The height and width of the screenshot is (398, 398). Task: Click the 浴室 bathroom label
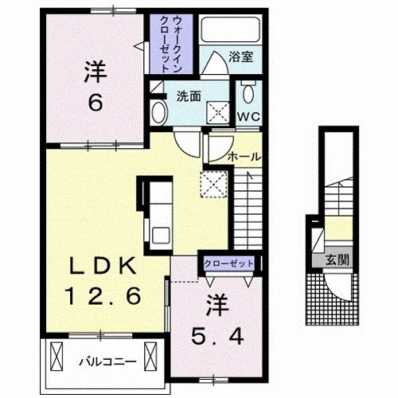[x=241, y=57]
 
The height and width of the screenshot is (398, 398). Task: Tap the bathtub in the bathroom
[x=230, y=29]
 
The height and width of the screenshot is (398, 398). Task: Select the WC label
[x=248, y=116]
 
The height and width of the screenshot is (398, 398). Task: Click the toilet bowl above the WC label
[x=248, y=92]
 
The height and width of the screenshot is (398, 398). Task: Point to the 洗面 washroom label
[x=189, y=96]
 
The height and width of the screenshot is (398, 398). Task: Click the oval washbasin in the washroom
[x=159, y=113]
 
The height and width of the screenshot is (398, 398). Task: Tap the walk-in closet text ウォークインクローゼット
[x=171, y=45]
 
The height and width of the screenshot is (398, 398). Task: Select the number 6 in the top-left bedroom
[x=96, y=103]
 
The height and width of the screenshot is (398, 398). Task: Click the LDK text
[x=103, y=266]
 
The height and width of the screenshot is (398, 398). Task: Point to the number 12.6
[x=104, y=296]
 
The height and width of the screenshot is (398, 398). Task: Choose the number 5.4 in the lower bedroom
[x=217, y=337]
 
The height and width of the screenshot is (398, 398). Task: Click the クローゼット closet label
[x=228, y=263]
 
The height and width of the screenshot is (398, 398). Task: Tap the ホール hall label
[x=244, y=157]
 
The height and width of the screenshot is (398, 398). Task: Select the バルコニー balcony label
[x=107, y=361]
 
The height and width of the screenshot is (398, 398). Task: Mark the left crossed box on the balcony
[x=57, y=357]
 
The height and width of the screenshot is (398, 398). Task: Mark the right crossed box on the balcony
[x=150, y=357]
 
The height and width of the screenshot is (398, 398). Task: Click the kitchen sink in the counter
[x=161, y=235]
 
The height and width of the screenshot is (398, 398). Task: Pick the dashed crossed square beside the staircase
[x=214, y=185]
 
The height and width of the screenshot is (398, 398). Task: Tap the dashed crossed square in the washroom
[x=218, y=112]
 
